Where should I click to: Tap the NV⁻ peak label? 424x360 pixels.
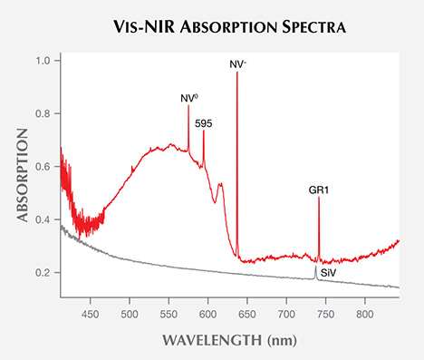click(237, 63)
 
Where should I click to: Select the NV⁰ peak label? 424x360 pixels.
click(188, 97)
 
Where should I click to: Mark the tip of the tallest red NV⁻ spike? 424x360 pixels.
click(237, 73)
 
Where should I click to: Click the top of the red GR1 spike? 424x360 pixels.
click(319, 198)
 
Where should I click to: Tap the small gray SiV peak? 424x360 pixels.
click(315, 268)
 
